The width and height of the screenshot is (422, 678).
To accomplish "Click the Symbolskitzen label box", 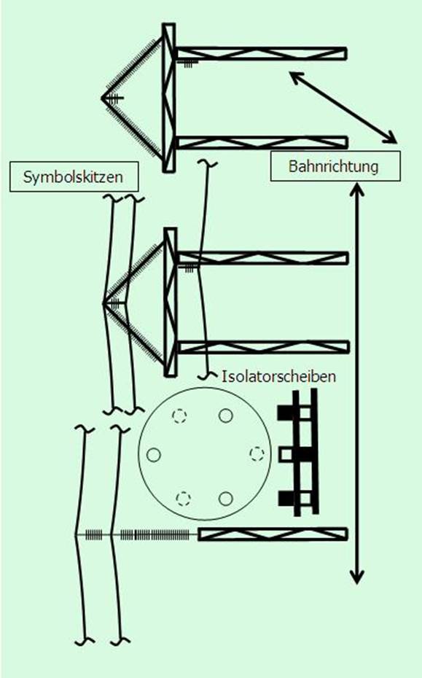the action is tap(74, 177).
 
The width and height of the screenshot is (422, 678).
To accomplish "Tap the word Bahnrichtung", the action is tap(333, 166).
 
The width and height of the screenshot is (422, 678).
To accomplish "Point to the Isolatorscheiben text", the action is tap(279, 376).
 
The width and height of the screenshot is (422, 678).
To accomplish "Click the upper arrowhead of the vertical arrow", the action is tap(357, 190).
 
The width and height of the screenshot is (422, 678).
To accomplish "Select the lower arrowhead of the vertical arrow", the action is tap(357, 577).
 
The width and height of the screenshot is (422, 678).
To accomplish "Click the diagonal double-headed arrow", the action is tap(343, 107).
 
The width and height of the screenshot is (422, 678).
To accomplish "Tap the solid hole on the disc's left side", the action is tap(154, 455).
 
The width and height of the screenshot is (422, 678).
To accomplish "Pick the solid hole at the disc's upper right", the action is tap(226, 416).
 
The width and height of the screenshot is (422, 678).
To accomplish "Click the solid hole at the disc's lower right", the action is tap(226, 499).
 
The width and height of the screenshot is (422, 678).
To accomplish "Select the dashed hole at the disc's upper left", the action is tap(179, 416).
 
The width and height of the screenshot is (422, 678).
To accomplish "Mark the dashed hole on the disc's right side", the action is tap(257, 453).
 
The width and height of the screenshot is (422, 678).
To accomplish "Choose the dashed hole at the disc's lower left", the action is tap(184, 499).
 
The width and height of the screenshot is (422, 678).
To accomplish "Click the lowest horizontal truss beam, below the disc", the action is tap(273, 534).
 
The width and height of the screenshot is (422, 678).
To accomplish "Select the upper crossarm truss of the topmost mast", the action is tap(262, 54).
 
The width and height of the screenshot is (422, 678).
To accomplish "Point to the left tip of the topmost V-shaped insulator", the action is tap(101, 98).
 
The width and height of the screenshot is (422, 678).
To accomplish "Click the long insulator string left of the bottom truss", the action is tap(155, 535).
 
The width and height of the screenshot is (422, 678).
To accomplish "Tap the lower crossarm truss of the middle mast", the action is tap(263, 347).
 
